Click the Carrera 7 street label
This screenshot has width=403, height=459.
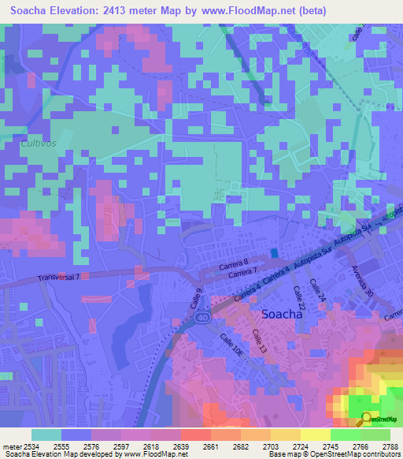tap(242, 274)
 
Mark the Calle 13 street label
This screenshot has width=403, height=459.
tap(261, 341)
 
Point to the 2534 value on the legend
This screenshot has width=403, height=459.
tap(24, 445)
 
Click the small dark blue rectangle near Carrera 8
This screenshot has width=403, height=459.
tap(273, 252)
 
